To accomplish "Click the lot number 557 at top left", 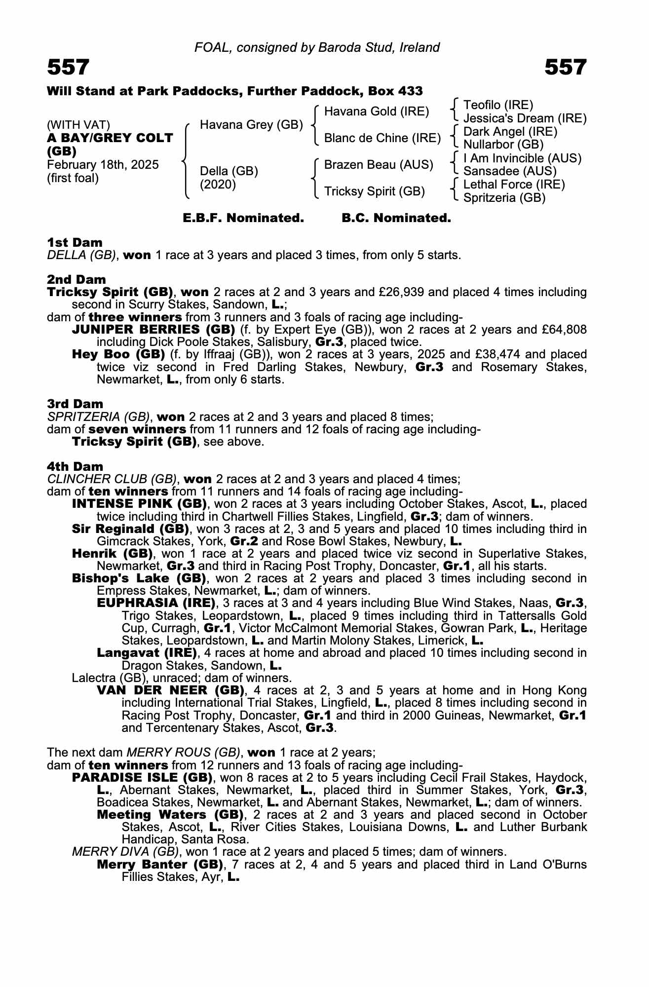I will [x=68, y=67].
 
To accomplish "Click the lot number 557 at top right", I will [x=565, y=67].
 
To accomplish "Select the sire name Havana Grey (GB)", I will [x=251, y=125].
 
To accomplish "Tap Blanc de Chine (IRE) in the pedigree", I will [x=382, y=138].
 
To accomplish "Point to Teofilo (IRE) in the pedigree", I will [x=498, y=105].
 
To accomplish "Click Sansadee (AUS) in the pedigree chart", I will [x=510, y=171].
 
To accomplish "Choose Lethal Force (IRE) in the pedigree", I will [x=514, y=185].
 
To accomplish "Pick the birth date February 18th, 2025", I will [x=103, y=165].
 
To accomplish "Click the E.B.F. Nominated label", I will [x=243, y=218].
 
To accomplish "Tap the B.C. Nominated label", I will [x=396, y=218].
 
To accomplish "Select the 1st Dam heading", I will [x=75, y=242].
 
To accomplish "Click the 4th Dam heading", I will [x=75, y=466].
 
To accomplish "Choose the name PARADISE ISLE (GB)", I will [x=142, y=777].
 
